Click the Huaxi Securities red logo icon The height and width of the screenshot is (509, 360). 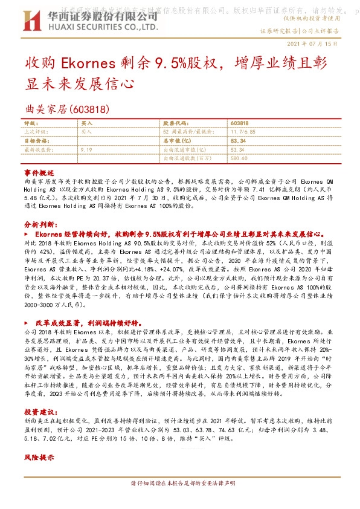pos(33,24)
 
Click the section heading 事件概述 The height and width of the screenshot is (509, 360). pos(39,172)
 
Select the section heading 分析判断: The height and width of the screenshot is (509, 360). pos(40,223)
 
